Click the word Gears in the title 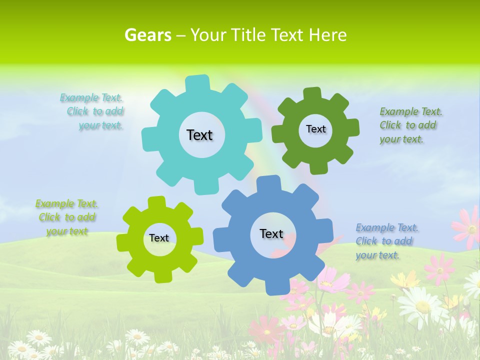pos(147,35)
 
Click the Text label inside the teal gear pos(199,135)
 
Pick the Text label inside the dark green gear pos(315,129)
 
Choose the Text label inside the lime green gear pos(159,238)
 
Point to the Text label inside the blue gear pos(271,233)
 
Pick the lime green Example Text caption pos(66,217)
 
